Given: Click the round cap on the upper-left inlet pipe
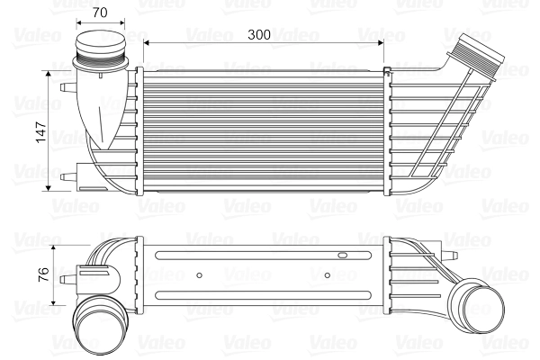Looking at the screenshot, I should tap(100, 45).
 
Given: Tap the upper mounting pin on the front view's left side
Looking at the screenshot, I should tap(65, 88).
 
